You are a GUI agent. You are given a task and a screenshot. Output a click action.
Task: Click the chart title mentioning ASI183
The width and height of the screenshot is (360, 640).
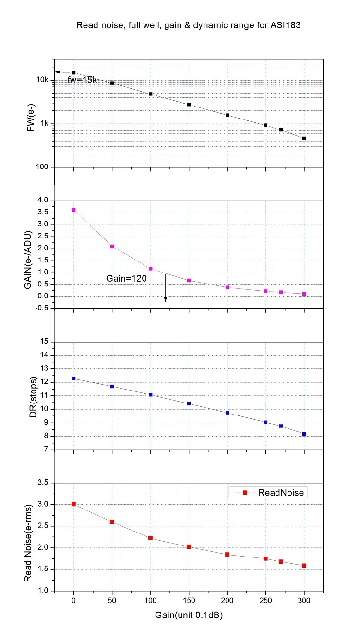188,26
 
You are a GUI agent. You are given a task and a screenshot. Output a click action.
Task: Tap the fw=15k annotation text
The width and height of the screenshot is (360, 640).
82,80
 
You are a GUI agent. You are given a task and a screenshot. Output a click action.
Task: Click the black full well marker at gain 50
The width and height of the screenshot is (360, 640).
112,83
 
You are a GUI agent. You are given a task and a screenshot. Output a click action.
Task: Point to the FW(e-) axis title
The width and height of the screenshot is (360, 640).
30,117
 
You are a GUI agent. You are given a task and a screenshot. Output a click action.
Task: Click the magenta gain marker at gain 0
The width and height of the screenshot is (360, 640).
74,210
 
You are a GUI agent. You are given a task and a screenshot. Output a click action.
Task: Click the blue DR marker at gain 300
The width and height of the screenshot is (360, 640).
304,434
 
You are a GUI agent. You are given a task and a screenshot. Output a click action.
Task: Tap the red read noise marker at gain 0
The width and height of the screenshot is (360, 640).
74,504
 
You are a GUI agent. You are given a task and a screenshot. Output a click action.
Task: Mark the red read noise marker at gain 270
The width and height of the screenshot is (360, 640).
281,561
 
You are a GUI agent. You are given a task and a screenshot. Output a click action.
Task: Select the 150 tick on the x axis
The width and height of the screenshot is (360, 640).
189,600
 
